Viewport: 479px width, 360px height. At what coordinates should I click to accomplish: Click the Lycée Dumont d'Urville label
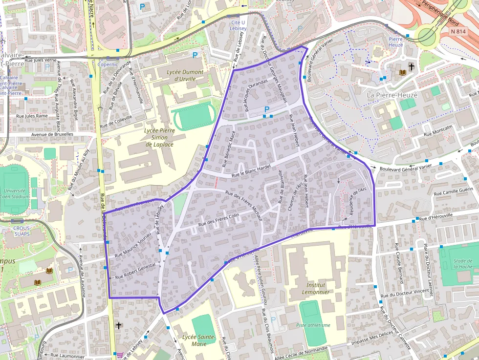pyautogui.click(x=185, y=75)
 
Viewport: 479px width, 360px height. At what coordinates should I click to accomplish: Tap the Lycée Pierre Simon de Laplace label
pyautogui.click(x=159, y=137)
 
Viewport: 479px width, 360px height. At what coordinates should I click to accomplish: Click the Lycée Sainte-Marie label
pyautogui.click(x=199, y=340)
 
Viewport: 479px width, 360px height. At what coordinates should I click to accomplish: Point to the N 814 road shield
pyautogui.click(x=458, y=30)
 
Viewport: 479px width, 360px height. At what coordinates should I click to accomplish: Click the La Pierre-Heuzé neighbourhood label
pyautogui.click(x=392, y=95)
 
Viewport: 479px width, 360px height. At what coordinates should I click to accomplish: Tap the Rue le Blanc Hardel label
pyautogui.click(x=251, y=170)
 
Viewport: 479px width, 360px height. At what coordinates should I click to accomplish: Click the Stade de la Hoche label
pyautogui.click(x=462, y=264)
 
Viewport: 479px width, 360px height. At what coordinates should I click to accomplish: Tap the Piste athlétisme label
pyautogui.click(x=313, y=325)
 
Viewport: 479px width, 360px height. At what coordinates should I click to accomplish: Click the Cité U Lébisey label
pyautogui.click(x=238, y=25)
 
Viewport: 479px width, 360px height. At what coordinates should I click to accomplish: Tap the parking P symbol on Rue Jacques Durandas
pyautogui.click(x=267, y=109)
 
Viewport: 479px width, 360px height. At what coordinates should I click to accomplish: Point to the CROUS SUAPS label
pyautogui.click(x=22, y=231)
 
